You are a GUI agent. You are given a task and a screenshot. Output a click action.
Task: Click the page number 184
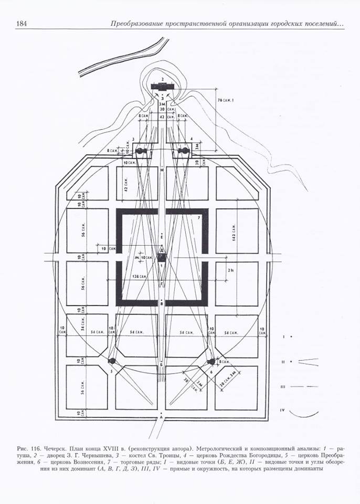click(x=22, y=23)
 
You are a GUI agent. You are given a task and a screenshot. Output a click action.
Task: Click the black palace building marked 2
click(x=162, y=86)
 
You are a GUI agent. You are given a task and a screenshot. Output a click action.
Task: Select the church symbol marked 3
click(x=141, y=151)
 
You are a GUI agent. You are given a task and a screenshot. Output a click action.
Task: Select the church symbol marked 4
click(x=184, y=151)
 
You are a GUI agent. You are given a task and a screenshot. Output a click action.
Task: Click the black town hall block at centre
click(x=162, y=258)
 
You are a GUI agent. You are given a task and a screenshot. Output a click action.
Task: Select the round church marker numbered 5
click(x=112, y=361)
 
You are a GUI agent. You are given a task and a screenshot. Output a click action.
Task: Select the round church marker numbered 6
click(x=211, y=362)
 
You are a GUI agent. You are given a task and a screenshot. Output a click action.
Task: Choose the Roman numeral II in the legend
click(x=282, y=361)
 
